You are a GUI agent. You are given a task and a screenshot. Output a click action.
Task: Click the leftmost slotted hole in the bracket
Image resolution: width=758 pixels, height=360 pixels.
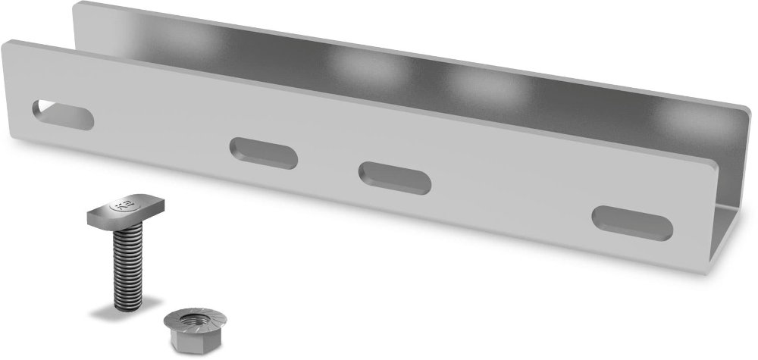pyautogui.click(x=63, y=114)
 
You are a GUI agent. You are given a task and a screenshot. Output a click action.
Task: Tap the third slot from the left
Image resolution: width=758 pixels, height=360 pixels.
pyautogui.click(x=395, y=177)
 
